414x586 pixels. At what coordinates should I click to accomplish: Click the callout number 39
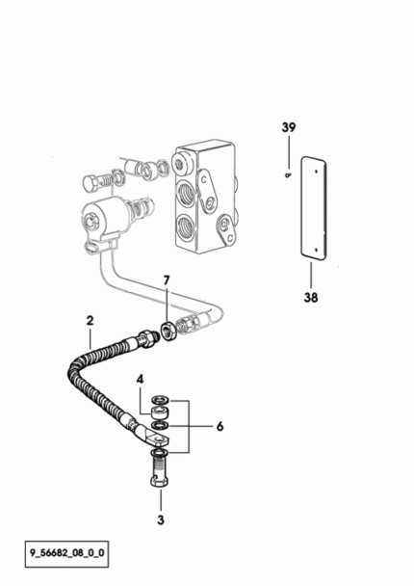289,127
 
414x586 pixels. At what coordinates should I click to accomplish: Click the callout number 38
311,298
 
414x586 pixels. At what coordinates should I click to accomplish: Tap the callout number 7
167,280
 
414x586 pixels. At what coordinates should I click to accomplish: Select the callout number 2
90,321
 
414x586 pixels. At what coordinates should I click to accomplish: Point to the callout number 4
140,380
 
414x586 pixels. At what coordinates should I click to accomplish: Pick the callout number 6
220,426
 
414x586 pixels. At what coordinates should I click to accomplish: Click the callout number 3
161,519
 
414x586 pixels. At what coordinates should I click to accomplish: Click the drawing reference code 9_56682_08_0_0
67,552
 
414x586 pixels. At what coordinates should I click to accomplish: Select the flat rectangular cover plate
314,208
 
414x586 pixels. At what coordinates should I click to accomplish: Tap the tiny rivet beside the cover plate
288,174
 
